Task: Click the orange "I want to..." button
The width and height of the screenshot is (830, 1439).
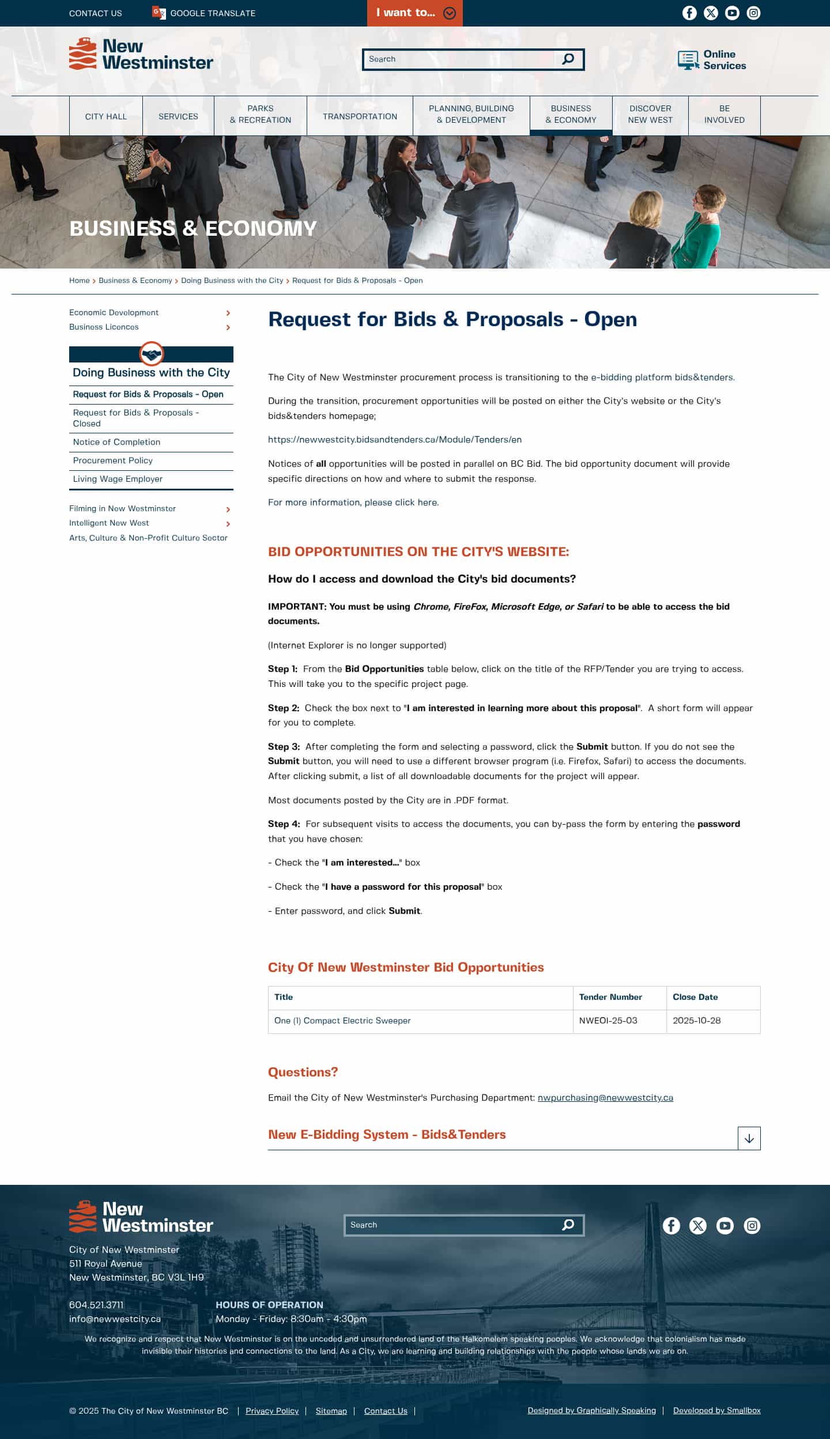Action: coord(414,13)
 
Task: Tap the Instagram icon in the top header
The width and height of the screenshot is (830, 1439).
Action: coord(753,13)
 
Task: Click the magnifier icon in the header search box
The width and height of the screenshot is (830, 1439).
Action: coord(568,59)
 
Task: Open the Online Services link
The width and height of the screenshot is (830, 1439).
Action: coord(712,60)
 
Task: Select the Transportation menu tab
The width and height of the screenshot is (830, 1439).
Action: coord(360,116)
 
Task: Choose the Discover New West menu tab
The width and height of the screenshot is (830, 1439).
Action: coord(650,114)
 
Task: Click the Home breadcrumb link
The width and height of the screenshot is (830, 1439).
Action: coord(80,281)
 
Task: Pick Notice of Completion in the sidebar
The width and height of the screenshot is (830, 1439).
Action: coord(116,442)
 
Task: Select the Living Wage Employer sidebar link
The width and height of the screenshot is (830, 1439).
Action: coord(118,479)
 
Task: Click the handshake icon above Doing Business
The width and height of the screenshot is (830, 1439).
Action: coord(152,354)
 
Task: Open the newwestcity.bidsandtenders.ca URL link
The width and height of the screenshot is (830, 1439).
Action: coord(395,440)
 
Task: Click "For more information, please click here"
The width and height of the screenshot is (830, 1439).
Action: coord(353,503)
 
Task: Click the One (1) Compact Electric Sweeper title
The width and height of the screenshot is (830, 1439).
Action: coord(342,1021)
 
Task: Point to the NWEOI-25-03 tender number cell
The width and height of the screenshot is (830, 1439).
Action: coord(608,1021)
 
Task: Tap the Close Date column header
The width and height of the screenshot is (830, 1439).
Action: coord(695,997)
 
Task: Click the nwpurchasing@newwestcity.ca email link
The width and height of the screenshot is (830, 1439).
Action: coord(605,1098)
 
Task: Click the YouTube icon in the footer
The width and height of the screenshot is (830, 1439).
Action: coord(725,1226)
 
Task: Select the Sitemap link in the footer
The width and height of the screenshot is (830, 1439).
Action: coord(331,1411)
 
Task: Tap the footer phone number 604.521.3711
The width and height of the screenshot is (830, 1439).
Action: coord(96,1305)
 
